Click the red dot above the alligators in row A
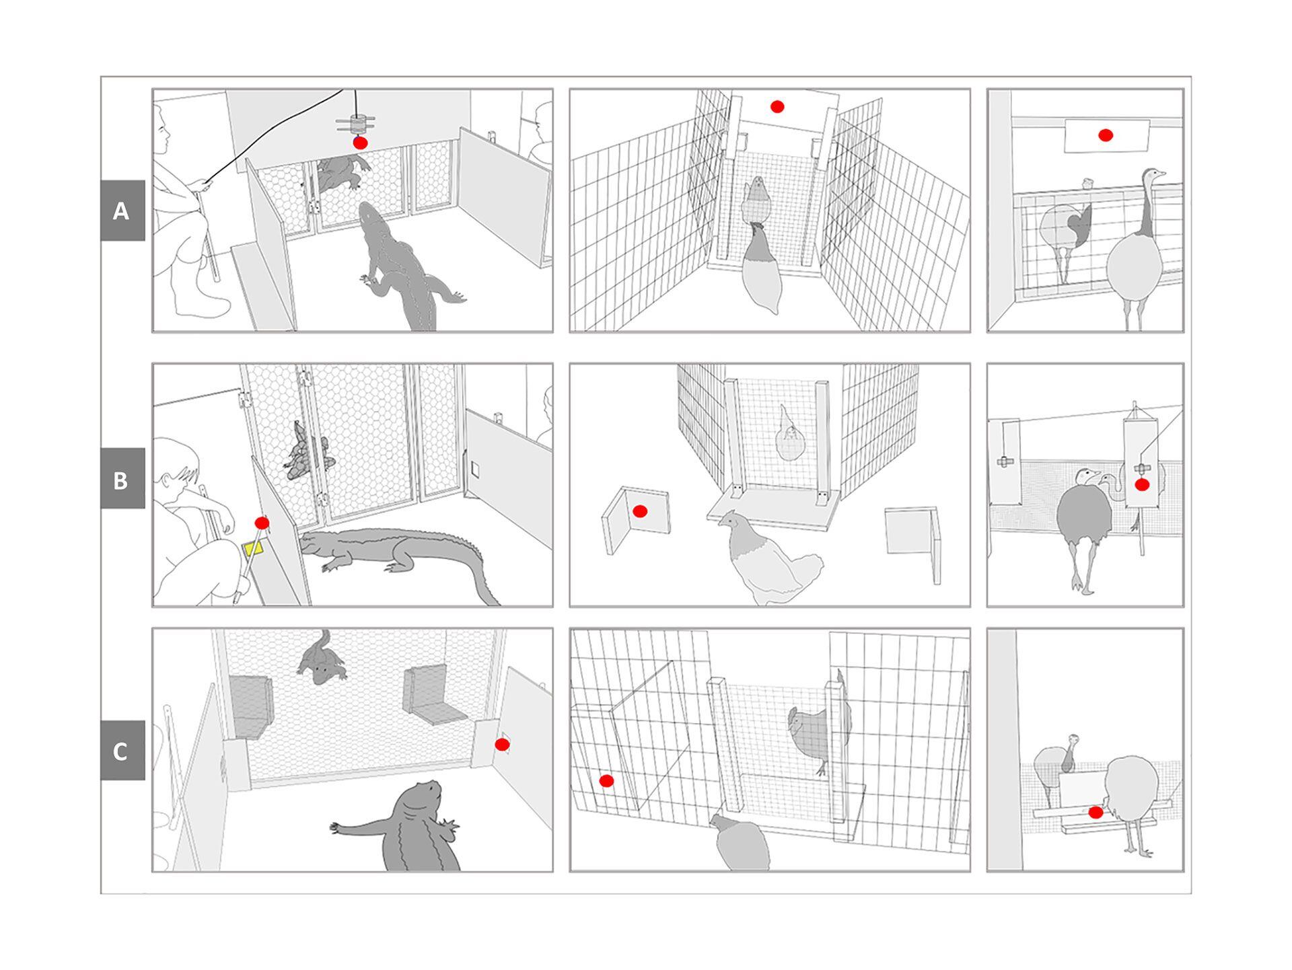[361, 143]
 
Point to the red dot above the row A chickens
[777, 106]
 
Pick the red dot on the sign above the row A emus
[1106, 135]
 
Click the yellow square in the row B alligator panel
[254, 548]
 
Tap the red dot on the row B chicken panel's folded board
[640, 512]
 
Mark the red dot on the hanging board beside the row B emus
[1142, 484]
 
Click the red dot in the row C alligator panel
[502, 745]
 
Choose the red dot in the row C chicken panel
[606, 781]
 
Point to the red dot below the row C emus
[1096, 813]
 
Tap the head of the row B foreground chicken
[728, 520]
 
